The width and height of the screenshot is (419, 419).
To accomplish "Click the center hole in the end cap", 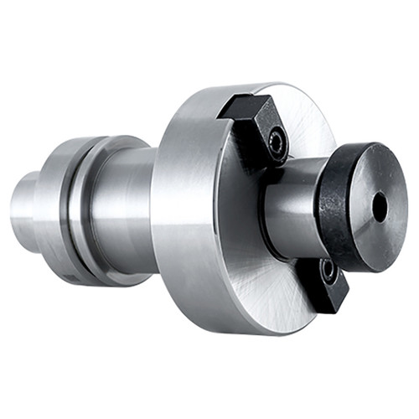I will [380, 208].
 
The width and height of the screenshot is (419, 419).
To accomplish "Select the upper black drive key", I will [251, 126].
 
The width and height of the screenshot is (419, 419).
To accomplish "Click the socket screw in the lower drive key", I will [328, 271].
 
